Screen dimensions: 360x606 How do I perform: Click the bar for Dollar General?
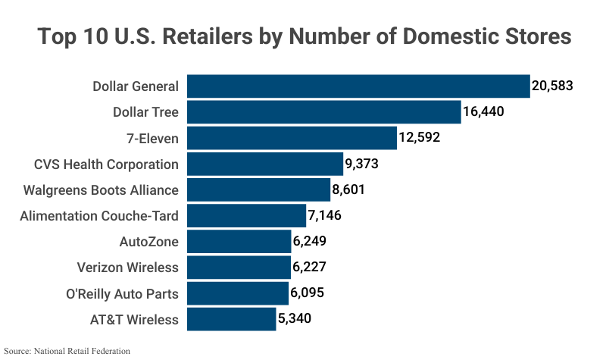(x=358, y=86)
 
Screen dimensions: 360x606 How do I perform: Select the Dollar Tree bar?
(x=323, y=112)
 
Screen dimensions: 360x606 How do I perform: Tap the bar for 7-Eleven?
(x=292, y=138)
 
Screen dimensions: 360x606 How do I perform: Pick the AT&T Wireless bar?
(x=231, y=319)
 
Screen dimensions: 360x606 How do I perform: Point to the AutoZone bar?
(x=239, y=242)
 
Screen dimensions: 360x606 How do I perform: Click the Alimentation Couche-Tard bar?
(x=246, y=216)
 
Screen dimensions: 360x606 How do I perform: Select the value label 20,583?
(x=552, y=86)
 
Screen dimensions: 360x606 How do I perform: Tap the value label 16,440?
(x=483, y=112)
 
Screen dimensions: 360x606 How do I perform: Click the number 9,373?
(x=361, y=164)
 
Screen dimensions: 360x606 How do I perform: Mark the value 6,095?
(x=309, y=293)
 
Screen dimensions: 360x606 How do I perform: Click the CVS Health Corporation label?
(x=107, y=164)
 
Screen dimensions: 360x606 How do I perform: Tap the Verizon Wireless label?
(x=128, y=268)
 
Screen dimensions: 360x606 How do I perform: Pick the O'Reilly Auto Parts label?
(x=123, y=293)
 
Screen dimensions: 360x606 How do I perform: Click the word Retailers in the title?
(x=207, y=36)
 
